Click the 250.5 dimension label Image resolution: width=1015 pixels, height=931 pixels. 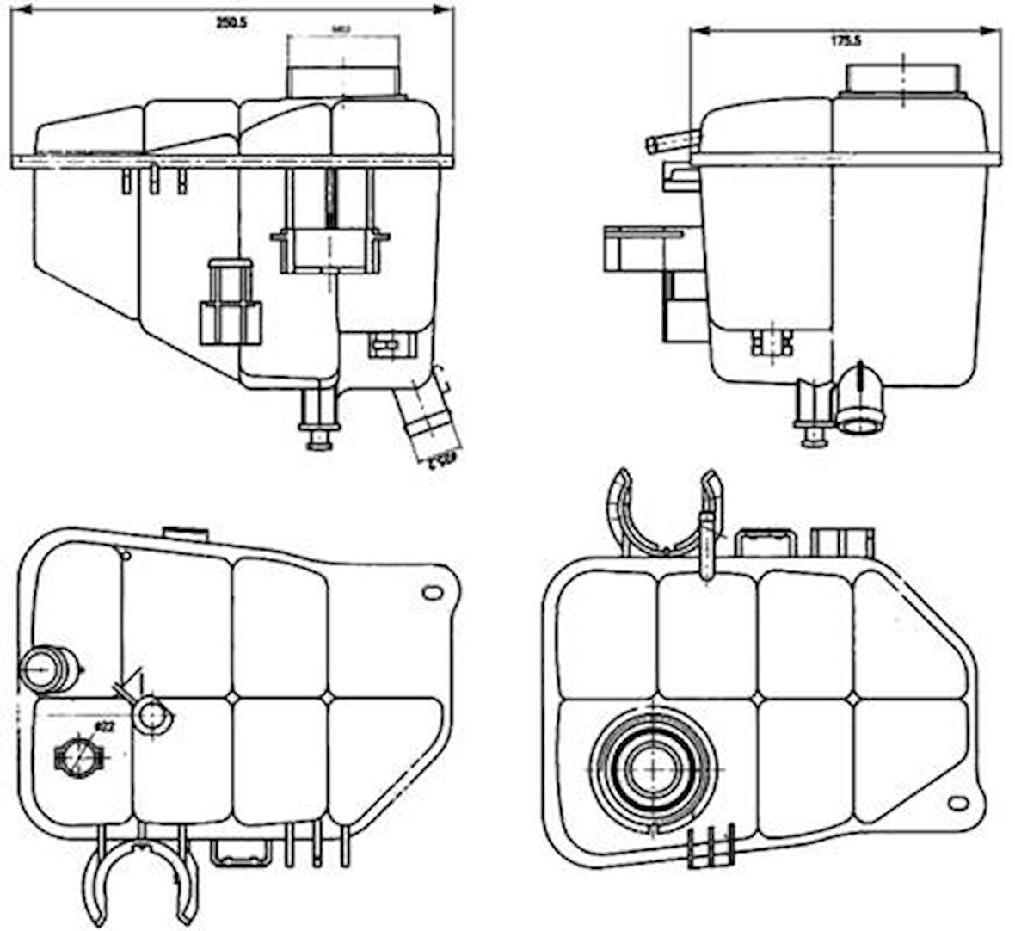tap(231, 24)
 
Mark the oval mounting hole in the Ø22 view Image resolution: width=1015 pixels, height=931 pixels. tap(432, 593)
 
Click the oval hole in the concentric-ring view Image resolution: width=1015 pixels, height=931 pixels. tap(957, 803)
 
